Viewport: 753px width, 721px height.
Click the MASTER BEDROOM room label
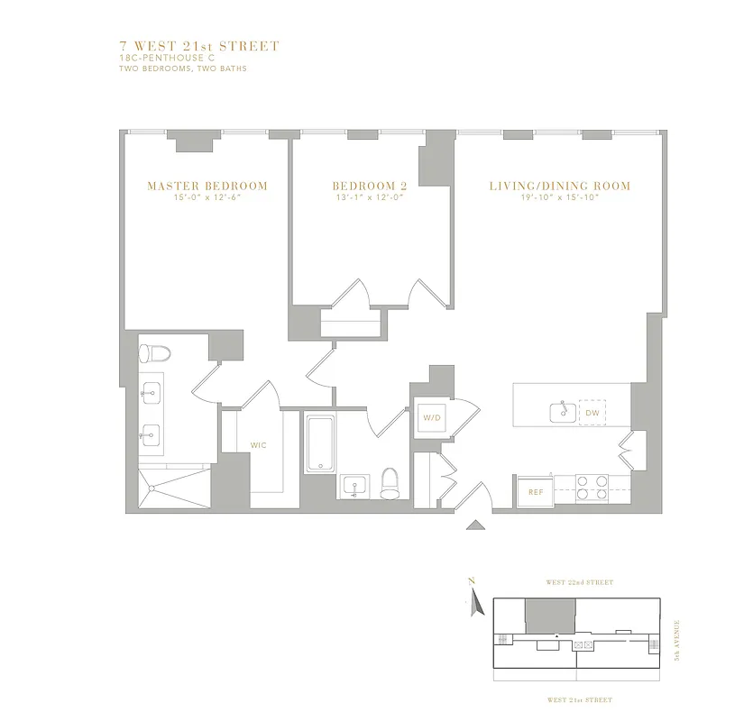pyautogui.click(x=207, y=187)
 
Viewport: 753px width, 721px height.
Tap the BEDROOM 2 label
pyautogui.click(x=370, y=187)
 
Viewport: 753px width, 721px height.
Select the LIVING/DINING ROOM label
pyautogui.click(x=559, y=187)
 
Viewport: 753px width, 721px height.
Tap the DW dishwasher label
pyautogui.click(x=592, y=413)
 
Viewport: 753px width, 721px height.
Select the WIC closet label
pyautogui.click(x=259, y=445)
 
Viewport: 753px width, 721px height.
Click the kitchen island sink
pyautogui.click(x=564, y=412)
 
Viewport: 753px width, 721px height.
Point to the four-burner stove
pyautogui.click(x=592, y=488)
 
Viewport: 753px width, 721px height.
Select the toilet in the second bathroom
pyautogui.click(x=390, y=483)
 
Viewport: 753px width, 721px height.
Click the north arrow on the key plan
pyautogui.click(x=471, y=601)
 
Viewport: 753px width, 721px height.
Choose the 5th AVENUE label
pyautogui.click(x=678, y=639)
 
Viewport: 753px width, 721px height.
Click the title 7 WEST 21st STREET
pyautogui.click(x=198, y=46)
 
